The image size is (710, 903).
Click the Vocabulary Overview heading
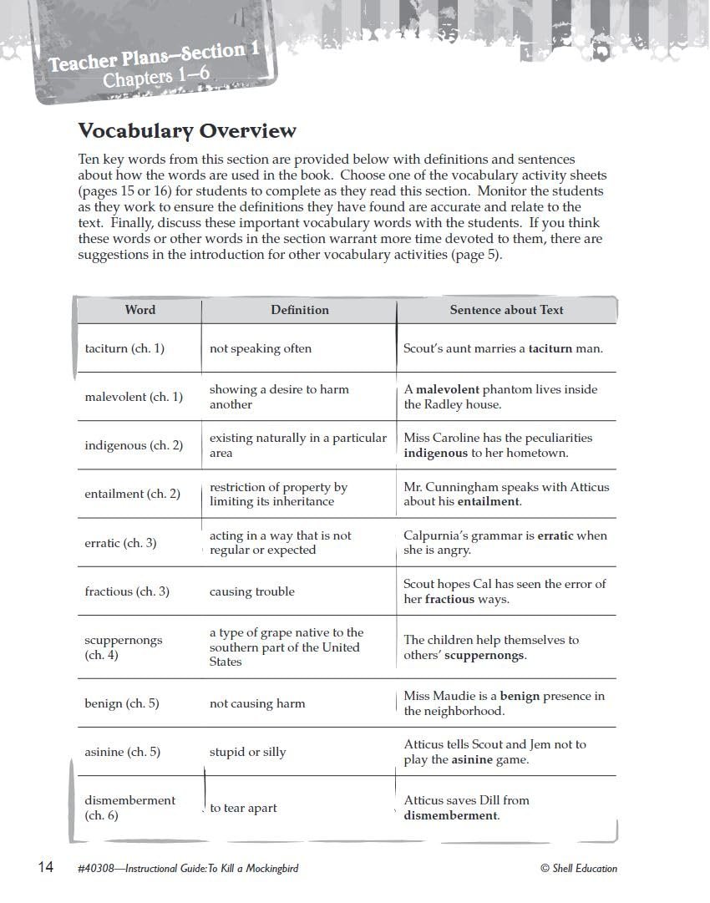pyautogui.click(x=186, y=131)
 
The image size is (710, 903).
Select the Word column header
pyautogui.click(x=139, y=310)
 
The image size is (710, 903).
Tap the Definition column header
pyautogui.click(x=299, y=310)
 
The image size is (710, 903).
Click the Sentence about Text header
pyautogui.click(x=506, y=310)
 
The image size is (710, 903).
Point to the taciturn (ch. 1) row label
pyautogui.click(x=124, y=348)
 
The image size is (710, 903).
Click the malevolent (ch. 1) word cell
pyautogui.click(x=134, y=397)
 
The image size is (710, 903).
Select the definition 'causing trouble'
pyautogui.click(x=251, y=591)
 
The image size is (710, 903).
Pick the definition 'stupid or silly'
pyautogui.click(x=247, y=752)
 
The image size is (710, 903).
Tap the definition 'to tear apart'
pyautogui.click(x=243, y=808)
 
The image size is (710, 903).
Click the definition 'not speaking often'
pyautogui.click(x=260, y=348)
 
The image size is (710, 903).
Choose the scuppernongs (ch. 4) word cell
pyautogui.click(x=124, y=647)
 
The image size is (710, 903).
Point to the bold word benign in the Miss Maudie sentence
pyautogui.click(x=520, y=696)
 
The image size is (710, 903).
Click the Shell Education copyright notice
pyautogui.click(x=579, y=869)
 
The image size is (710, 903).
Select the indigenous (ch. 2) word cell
pyautogui.click(x=134, y=445)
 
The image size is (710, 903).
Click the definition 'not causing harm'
pyautogui.click(x=256, y=703)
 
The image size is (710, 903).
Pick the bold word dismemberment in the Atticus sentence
pyautogui.click(x=450, y=815)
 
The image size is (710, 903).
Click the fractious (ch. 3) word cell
pyautogui.click(x=127, y=591)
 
